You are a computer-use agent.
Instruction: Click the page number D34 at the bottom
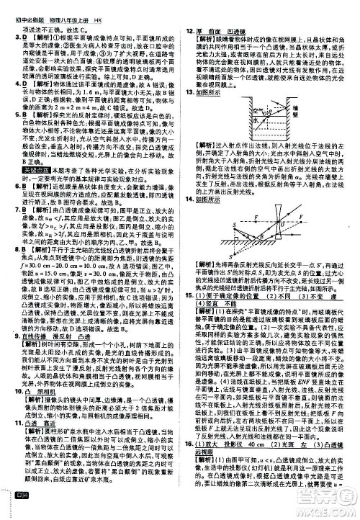[x=14, y=511]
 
